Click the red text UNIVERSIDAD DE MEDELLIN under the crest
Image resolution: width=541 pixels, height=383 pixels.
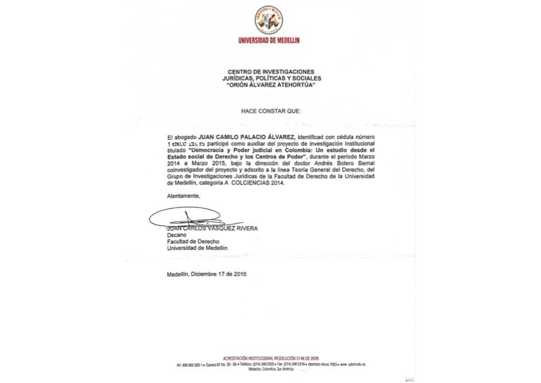(x=270, y=41)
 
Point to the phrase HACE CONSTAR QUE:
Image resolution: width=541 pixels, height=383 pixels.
(x=270, y=111)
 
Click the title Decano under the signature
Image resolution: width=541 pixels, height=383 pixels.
(x=176, y=235)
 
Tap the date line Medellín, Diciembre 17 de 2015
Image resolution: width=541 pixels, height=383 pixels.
(x=206, y=274)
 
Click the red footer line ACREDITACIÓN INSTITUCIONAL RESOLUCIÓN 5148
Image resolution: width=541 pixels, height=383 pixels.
(x=270, y=358)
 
